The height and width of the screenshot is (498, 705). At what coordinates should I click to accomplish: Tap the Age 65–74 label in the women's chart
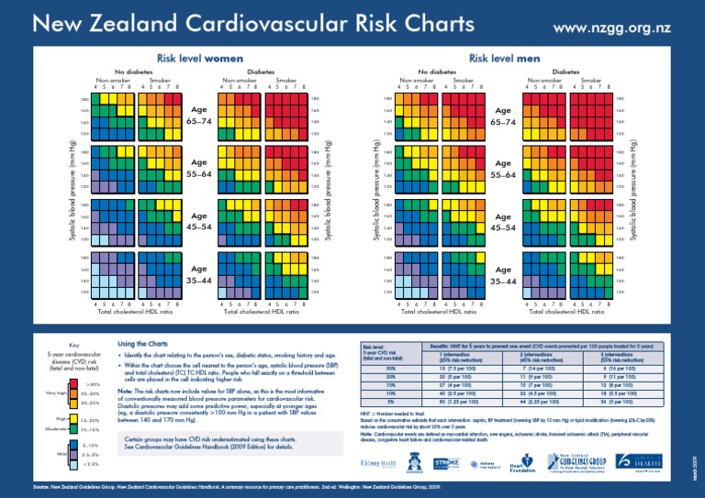[x=200, y=116]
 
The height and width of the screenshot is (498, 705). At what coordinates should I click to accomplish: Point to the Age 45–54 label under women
[x=200, y=221]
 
